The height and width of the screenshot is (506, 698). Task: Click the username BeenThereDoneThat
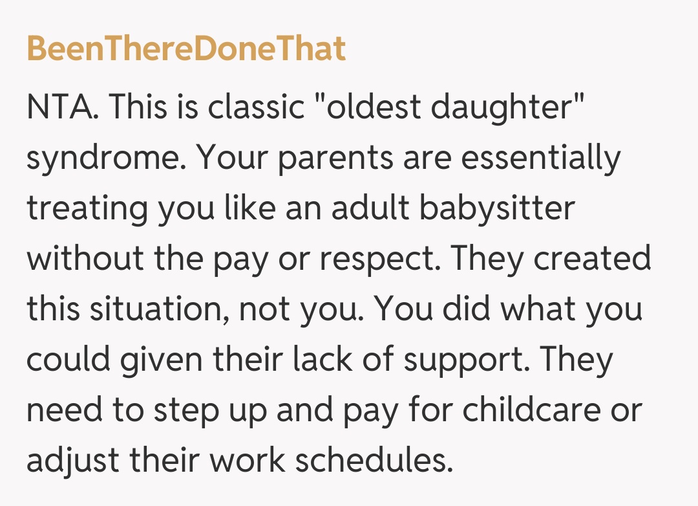pos(187,48)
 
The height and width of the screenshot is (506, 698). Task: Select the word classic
pos(256,107)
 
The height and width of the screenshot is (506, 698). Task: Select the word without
pos(85,258)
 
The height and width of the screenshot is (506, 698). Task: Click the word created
pos(592,258)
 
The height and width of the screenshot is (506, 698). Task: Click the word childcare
pos(531,409)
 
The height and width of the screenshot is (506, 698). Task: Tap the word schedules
pos(374,459)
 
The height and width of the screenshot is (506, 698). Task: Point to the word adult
pos(370,208)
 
